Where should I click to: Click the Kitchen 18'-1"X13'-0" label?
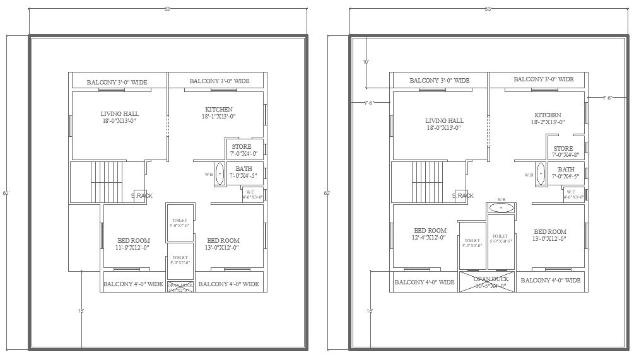tap(218, 113)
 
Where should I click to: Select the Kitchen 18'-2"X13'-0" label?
tap(548, 119)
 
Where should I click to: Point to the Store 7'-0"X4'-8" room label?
tap(563, 152)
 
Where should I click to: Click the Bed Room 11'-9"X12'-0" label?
tap(134, 244)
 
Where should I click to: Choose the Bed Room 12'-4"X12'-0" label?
tap(430, 234)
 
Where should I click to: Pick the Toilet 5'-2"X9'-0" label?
tap(472, 243)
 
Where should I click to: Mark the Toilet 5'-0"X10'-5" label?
tap(501, 238)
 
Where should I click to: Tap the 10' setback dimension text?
tap(366, 62)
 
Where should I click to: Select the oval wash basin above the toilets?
tap(501, 207)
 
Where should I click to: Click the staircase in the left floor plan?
tap(105, 182)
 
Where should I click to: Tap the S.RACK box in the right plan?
tap(463, 195)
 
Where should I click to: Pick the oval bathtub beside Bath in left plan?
tap(220, 173)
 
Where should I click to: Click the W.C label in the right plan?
tap(572, 194)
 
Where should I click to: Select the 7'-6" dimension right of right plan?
tap(607, 98)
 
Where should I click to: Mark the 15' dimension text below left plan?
tap(81, 311)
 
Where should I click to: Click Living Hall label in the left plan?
tap(119, 117)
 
